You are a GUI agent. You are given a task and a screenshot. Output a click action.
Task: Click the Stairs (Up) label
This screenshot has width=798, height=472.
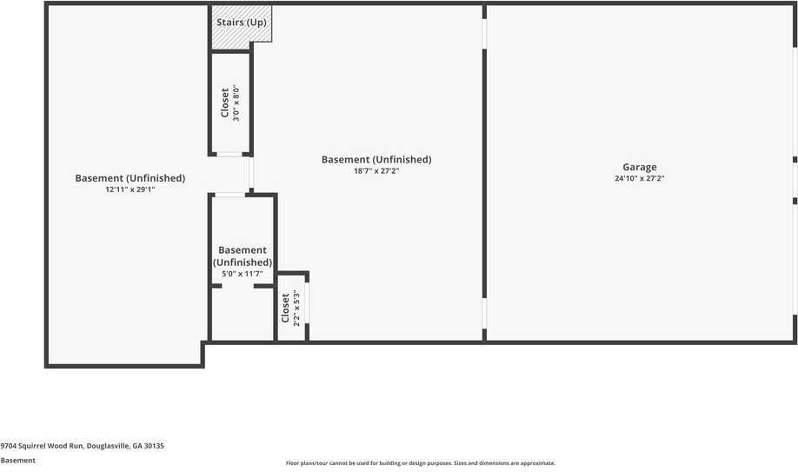(242, 23)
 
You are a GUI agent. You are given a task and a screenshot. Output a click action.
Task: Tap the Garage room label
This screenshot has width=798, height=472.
(639, 167)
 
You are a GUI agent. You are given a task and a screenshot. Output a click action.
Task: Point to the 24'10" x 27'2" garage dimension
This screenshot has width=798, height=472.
(639, 178)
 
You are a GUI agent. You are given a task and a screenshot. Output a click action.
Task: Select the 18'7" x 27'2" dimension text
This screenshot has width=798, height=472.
(376, 171)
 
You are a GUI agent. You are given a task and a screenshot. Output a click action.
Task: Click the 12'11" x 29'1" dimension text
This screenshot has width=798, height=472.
(130, 189)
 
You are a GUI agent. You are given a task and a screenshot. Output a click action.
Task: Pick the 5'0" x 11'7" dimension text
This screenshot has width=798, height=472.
(243, 274)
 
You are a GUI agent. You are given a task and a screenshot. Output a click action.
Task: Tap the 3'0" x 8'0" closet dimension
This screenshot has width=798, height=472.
(236, 103)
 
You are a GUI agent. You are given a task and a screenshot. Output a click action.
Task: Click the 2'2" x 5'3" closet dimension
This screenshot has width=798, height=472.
(296, 308)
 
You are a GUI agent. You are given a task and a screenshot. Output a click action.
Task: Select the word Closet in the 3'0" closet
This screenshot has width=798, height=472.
(225, 103)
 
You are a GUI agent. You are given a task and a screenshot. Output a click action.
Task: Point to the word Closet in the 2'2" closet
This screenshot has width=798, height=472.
(285, 308)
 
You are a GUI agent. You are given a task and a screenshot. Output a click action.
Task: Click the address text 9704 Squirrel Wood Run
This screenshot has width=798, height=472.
(42, 446)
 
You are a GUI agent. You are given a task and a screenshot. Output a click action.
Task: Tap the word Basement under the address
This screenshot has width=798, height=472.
(17, 461)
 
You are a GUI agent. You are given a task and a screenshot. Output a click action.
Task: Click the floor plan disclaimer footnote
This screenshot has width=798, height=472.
(421, 463)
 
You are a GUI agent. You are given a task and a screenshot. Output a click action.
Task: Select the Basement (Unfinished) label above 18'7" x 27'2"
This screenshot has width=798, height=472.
(376, 159)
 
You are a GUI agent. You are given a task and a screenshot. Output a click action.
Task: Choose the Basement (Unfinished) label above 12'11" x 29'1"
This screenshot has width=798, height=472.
(130, 178)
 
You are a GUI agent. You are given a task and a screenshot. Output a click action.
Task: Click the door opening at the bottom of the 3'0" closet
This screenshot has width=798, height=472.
(229, 154)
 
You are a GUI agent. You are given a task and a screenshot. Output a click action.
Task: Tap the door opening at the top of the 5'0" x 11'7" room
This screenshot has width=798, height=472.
(230, 195)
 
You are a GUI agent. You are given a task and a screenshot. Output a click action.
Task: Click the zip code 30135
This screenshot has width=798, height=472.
(154, 446)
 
